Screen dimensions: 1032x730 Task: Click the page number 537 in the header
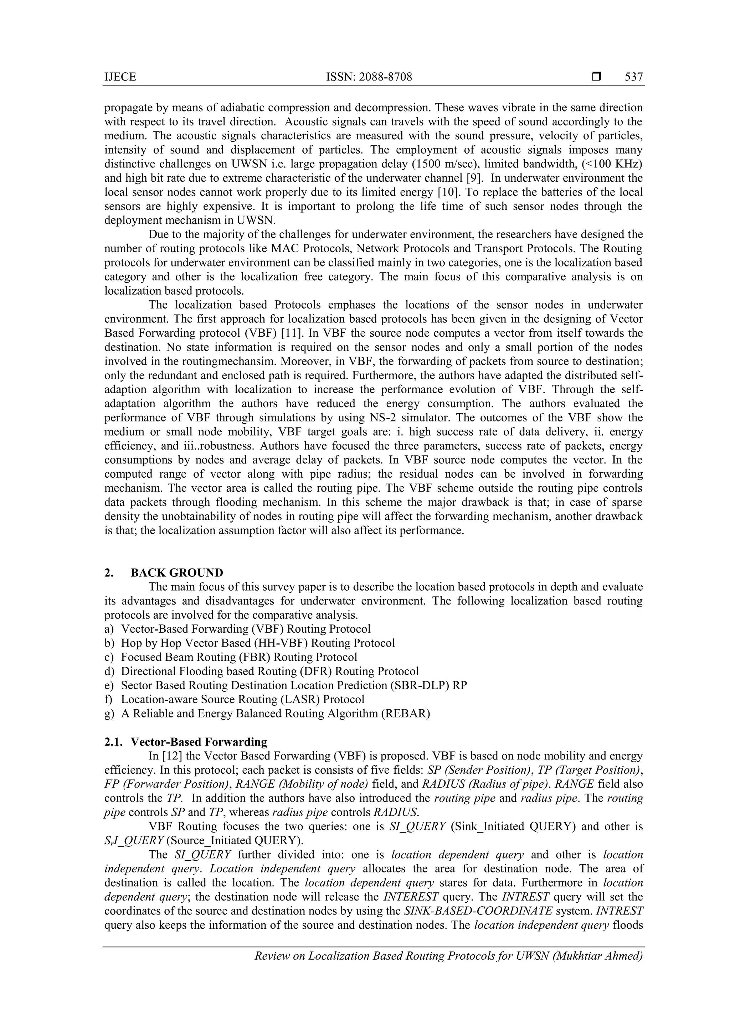point(634,77)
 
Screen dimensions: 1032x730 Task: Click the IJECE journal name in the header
point(120,77)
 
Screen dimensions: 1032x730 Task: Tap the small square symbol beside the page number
point(596,77)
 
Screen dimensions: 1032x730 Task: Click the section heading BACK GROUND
point(177,572)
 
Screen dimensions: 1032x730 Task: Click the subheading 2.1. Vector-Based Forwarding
point(186,742)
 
